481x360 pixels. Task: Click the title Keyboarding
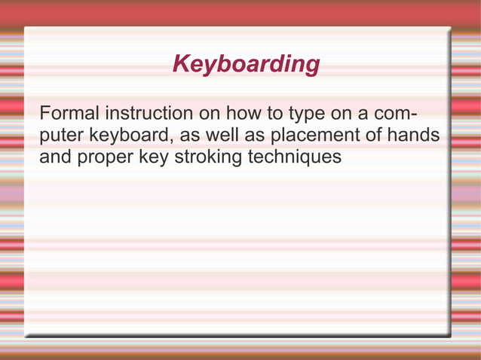(x=246, y=65)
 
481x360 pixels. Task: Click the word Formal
(x=69, y=114)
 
